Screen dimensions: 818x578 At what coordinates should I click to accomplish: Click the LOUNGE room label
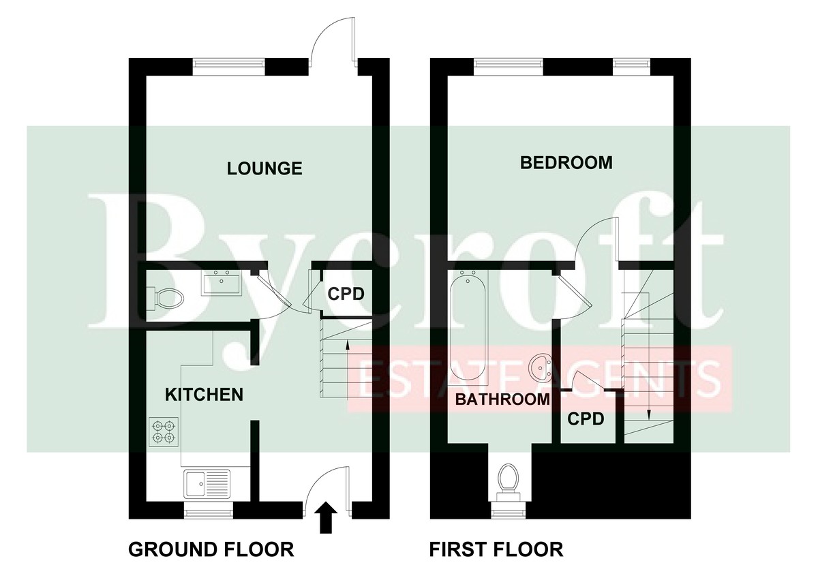tap(264, 168)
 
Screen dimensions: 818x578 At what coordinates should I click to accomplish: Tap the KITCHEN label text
tap(204, 395)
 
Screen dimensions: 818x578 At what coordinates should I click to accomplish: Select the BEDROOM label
tap(566, 163)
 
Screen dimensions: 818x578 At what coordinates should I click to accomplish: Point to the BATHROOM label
tap(502, 399)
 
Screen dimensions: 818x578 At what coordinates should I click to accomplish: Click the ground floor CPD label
tap(346, 294)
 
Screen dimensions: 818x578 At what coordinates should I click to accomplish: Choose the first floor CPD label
tap(586, 419)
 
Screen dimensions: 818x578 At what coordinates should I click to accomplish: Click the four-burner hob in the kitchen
tap(164, 432)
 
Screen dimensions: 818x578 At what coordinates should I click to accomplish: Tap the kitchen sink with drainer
tap(207, 484)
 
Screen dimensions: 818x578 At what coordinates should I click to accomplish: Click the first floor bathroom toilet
tap(509, 481)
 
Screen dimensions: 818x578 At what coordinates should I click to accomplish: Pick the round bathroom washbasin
tap(543, 367)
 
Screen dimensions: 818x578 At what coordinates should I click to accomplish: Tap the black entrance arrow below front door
tap(328, 518)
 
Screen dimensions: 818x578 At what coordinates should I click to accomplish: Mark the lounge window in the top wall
tap(228, 63)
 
